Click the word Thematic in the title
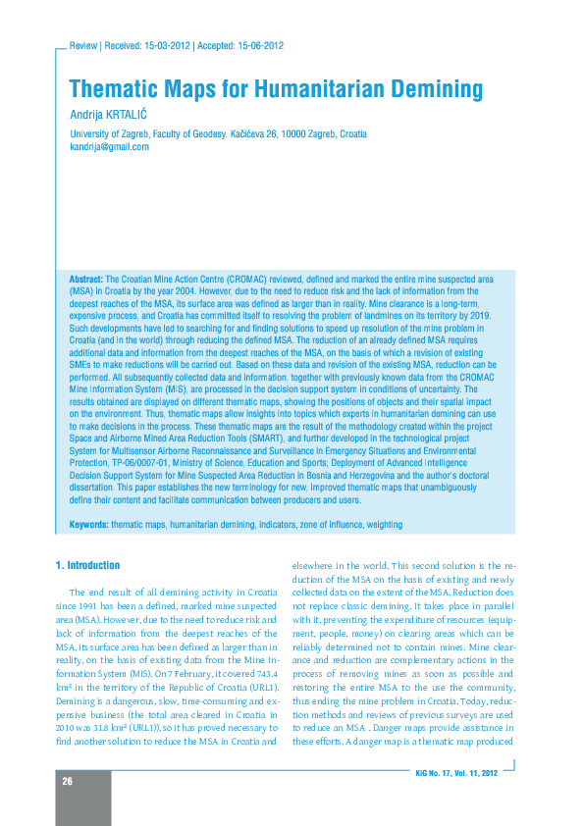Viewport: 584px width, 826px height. (110, 90)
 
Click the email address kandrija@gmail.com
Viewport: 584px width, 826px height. (109, 146)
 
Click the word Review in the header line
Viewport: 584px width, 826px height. (83, 46)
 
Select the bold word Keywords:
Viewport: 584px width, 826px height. (88, 525)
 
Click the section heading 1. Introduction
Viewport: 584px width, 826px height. (88, 566)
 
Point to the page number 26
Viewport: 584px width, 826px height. (68, 781)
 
